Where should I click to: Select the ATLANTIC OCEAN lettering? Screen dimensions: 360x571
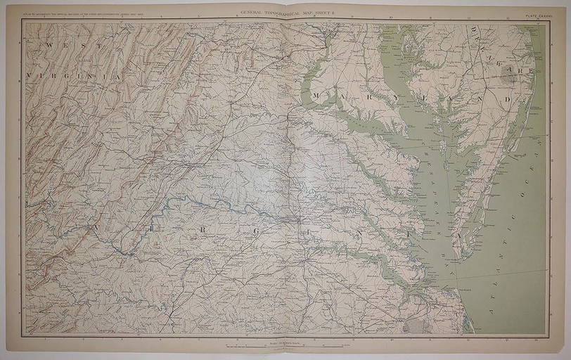click(513, 211)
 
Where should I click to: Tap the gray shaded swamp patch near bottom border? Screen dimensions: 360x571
click(419, 325)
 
